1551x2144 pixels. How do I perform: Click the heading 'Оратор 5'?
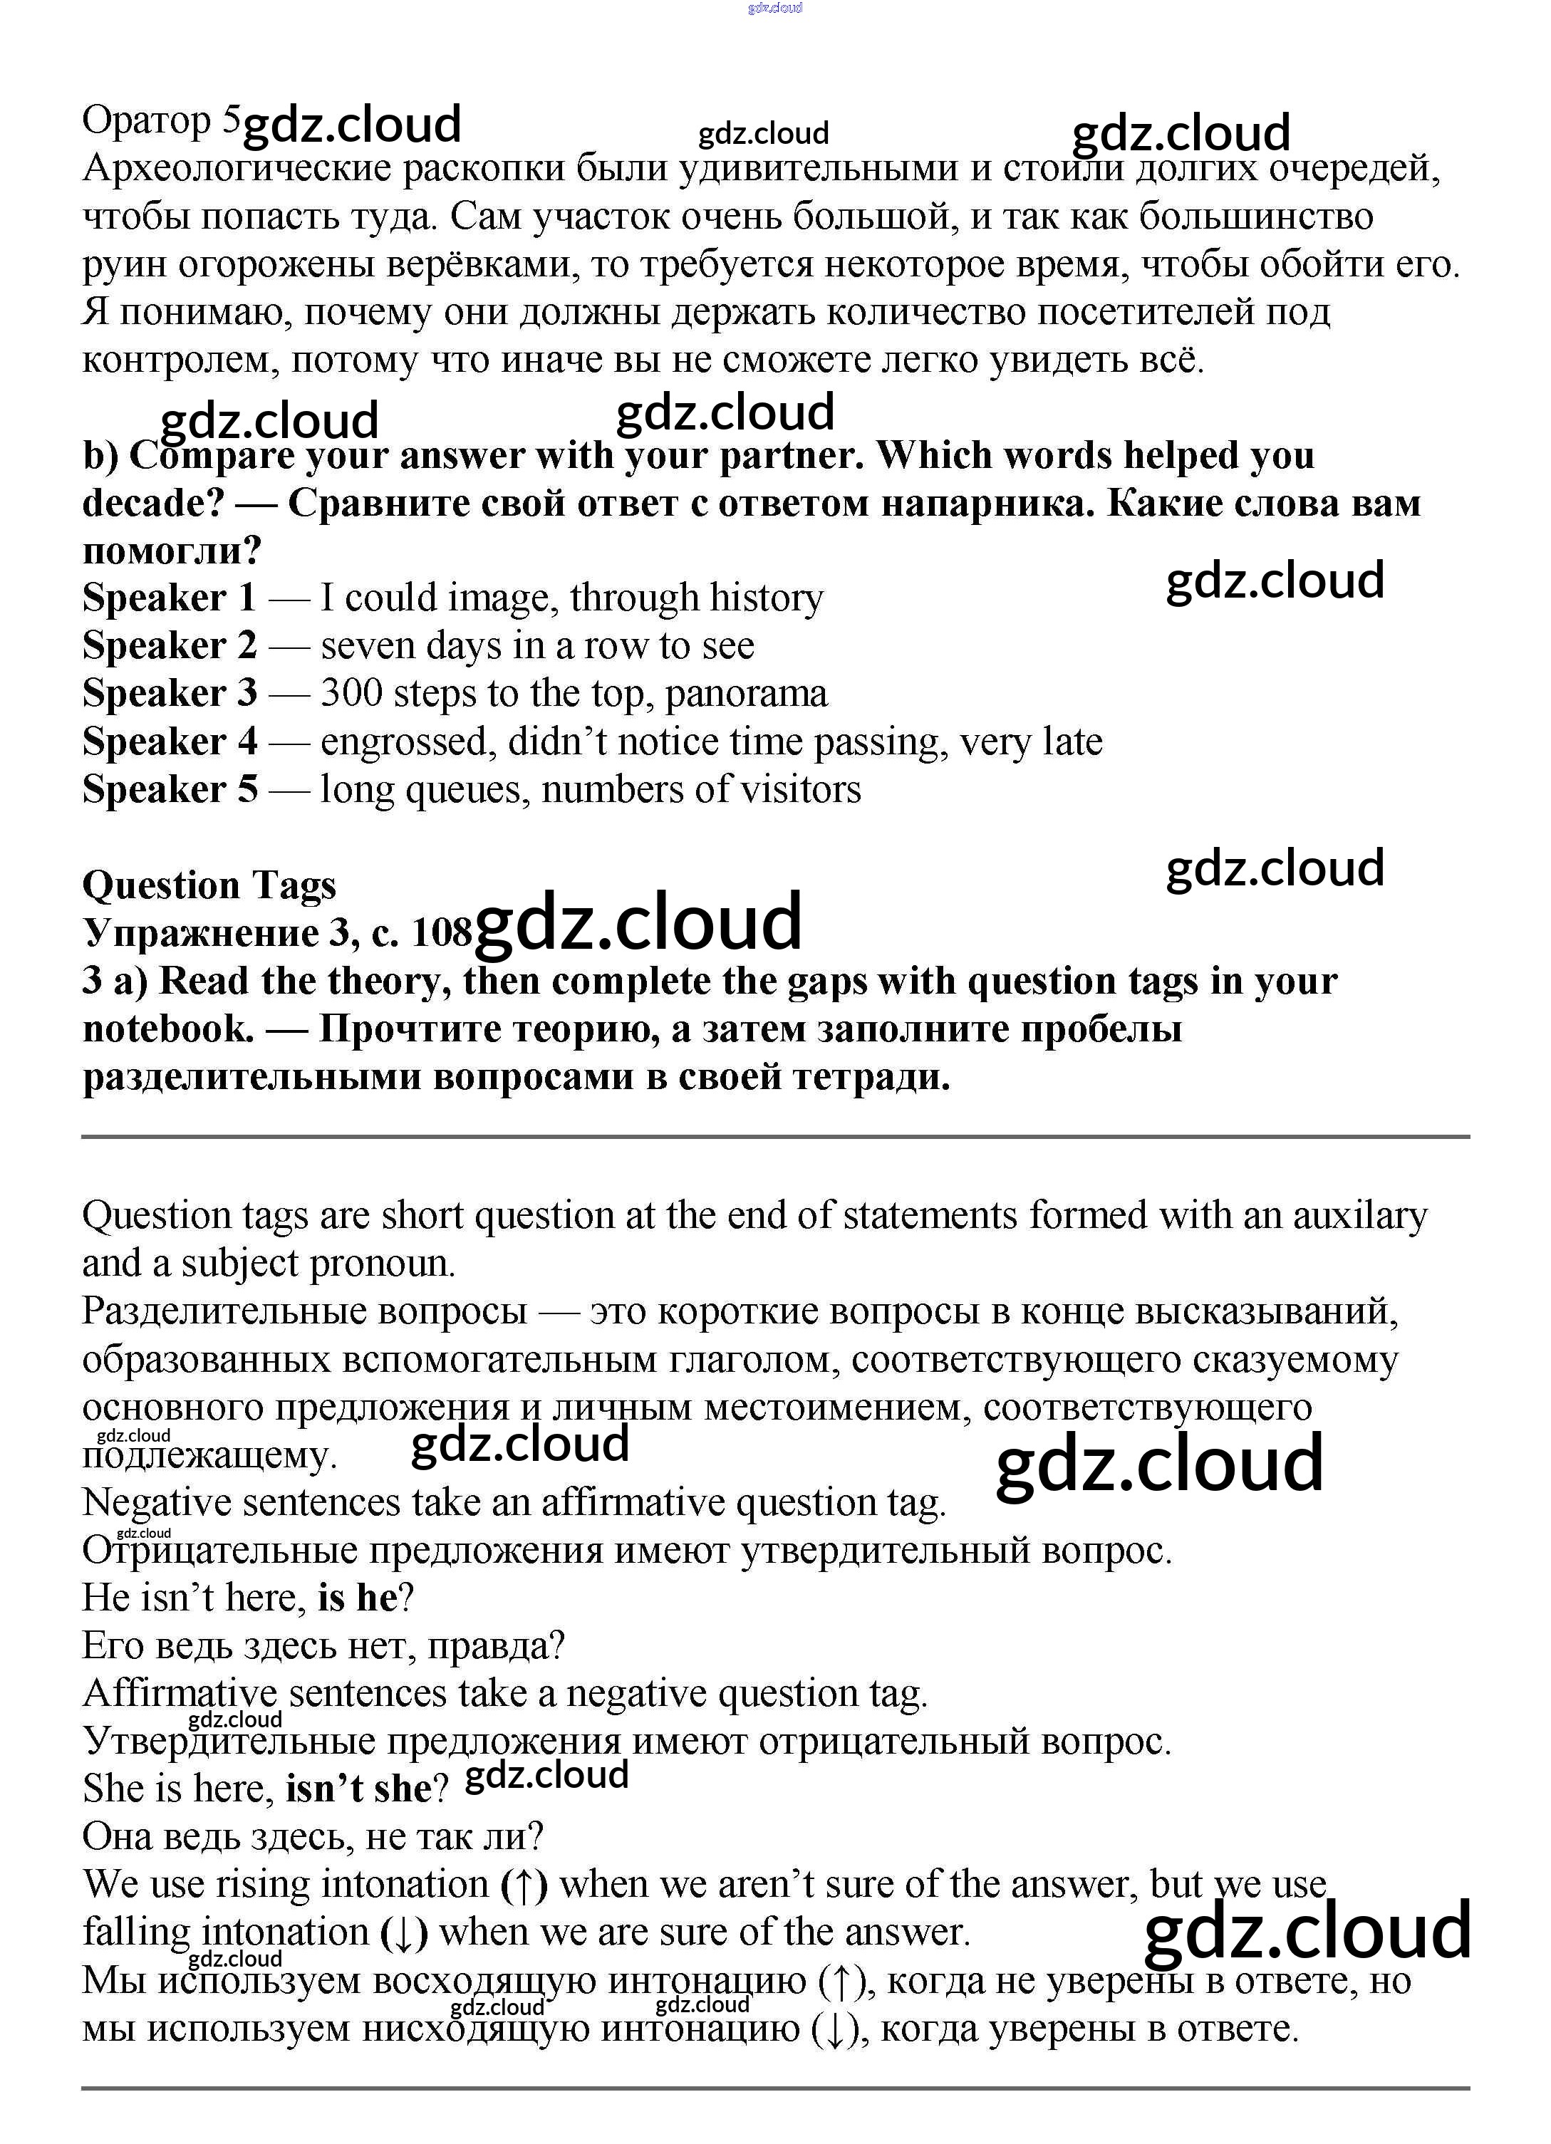click(161, 121)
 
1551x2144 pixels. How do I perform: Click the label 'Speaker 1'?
click(170, 598)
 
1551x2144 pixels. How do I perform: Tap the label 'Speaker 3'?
click(170, 694)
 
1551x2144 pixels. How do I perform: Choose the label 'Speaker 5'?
click(170, 789)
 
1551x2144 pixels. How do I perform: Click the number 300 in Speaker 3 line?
click(351, 694)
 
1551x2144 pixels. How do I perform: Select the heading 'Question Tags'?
click(209, 886)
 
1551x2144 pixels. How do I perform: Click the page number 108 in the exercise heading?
click(442, 934)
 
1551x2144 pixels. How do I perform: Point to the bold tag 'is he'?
click(358, 1598)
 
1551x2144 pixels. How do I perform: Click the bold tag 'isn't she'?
click(358, 1789)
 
